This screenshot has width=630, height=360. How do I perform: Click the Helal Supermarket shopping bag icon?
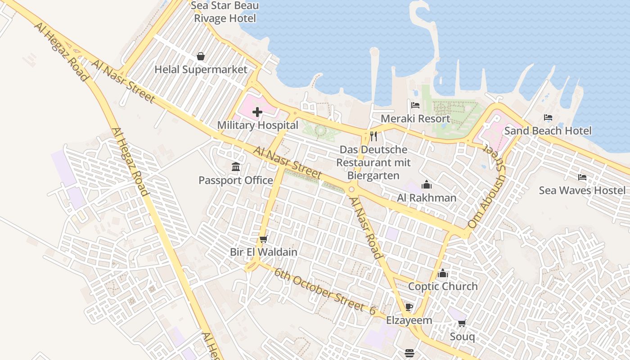(x=201, y=56)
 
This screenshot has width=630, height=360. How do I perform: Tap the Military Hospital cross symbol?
(x=257, y=112)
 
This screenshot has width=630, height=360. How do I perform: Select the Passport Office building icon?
(x=236, y=167)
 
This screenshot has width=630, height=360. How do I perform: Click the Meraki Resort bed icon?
(x=415, y=105)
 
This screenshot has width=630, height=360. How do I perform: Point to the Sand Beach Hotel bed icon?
(x=548, y=117)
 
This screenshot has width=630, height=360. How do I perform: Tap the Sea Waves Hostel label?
(x=582, y=190)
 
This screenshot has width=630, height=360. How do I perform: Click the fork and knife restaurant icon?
(x=373, y=136)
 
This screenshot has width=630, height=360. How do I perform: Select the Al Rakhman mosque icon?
(x=427, y=184)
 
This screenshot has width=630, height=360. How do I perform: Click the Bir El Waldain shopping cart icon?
(x=264, y=239)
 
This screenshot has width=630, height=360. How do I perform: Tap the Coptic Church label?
(x=443, y=286)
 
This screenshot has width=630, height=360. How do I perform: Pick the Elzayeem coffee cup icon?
(x=409, y=307)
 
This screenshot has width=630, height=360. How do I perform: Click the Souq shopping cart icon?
(x=462, y=323)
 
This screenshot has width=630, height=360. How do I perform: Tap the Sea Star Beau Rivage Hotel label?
(x=225, y=12)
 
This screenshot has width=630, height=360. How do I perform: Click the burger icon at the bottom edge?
(x=409, y=353)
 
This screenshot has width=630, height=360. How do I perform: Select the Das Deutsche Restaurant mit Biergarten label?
(x=373, y=162)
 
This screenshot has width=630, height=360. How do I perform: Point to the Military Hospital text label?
(x=257, y=125)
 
